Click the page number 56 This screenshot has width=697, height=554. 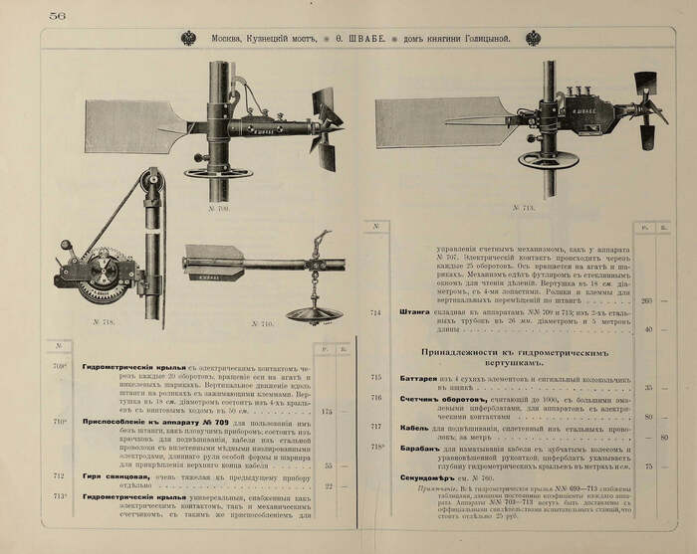click(57, 14)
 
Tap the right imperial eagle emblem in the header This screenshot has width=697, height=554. click(534, 38)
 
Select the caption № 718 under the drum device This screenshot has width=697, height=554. click(105, 322)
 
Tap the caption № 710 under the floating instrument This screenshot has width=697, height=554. click(261, 323)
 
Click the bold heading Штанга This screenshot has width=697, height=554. click(413, 311)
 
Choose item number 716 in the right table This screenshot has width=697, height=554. click(375, 398)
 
